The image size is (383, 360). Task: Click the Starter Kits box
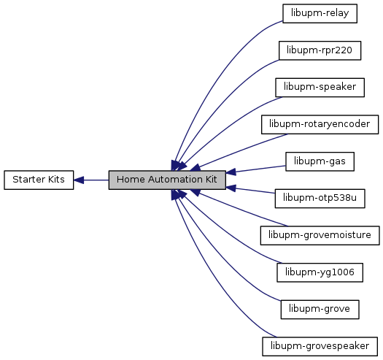click(x=39, y=180)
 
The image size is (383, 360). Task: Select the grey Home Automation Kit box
click(x=167, y=180)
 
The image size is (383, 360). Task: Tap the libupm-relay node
click(x=320, y=13)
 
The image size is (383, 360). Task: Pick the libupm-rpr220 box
click(x=320, y=50)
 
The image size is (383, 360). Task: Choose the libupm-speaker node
click(x=320, y=88)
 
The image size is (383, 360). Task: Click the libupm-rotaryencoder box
click(x=320, y=124)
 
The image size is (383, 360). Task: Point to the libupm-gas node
click(x=320, y=161)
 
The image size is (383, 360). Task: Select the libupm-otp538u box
click(x=320, y=199)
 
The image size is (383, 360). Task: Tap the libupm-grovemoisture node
click(x=320, y=236)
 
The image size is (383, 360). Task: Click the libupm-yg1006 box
click(x=320, y=272)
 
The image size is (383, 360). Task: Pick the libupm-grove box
click(x=320, y=310)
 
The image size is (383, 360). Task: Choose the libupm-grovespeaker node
click(x=320, y=347)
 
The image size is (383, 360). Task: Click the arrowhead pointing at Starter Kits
click(x=79, y=180)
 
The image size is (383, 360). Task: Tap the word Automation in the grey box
click(x=175, y=180)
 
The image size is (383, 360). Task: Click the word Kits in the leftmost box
click(x=56, y=180)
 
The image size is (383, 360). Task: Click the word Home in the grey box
click(x=131, y=180)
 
